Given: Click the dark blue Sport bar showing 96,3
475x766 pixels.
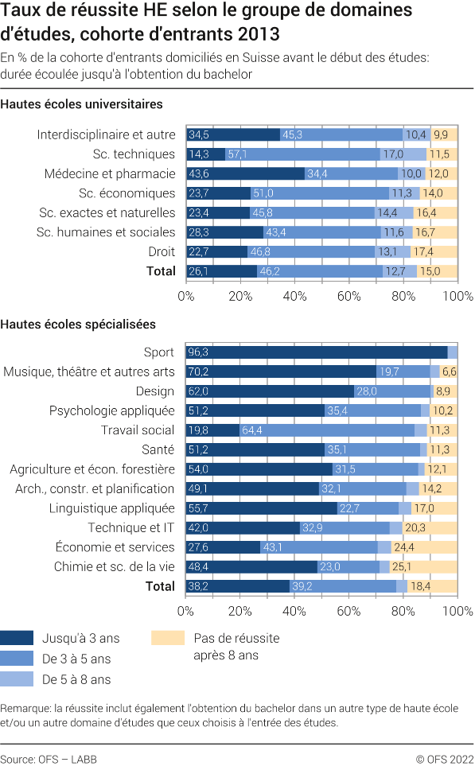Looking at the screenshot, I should click(317, 352).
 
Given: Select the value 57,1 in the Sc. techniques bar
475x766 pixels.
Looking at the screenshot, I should click(239, 154).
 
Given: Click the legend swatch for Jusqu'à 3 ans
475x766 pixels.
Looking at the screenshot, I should click(17, 638).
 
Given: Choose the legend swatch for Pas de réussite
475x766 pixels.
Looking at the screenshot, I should click(167, 638).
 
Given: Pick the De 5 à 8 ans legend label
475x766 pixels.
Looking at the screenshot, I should click(76, 679).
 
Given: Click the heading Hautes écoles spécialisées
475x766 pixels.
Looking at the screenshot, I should click(79, 324).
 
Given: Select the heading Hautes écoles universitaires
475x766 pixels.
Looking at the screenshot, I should click(82, 104).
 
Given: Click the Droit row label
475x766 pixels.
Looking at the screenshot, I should click(162, 251).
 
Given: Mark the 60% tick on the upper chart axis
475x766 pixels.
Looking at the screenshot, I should click(349, 296).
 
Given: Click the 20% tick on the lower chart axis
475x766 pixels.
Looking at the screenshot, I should click(240, 611).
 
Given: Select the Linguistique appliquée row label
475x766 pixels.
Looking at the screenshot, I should click(112, 508).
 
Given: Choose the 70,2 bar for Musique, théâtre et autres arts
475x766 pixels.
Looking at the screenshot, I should click(281, 371).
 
